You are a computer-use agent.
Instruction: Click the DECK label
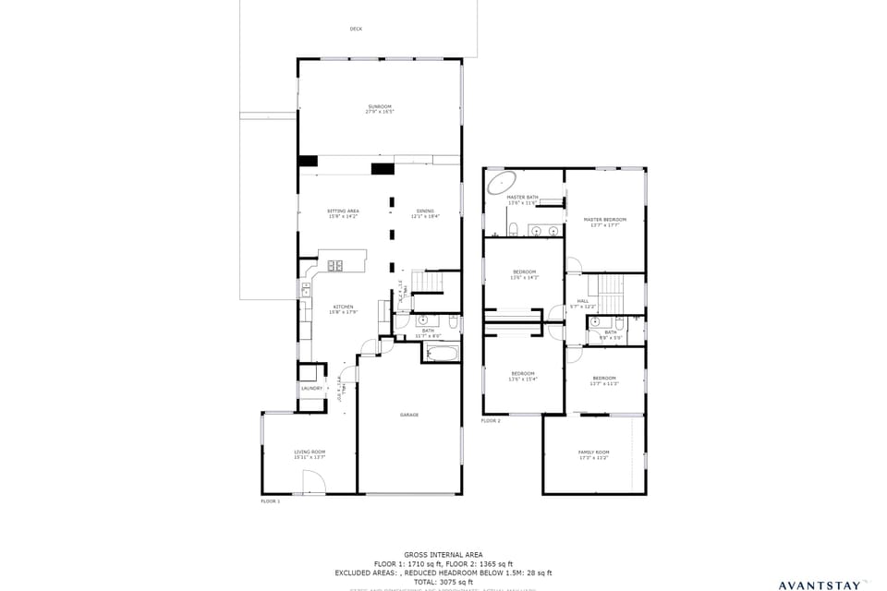[x=356, y=29]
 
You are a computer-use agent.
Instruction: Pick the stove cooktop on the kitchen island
[x=335, y=266]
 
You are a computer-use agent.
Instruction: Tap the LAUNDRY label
[x=311, y=388]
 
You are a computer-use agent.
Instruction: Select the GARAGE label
[x=409, y=415]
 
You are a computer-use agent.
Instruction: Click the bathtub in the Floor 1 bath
[x=441, y=353]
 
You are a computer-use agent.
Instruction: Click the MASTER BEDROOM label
[x=605, y=221]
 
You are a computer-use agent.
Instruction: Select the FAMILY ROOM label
[x=594, y=454]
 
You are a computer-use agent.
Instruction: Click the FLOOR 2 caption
[x=491, y=421]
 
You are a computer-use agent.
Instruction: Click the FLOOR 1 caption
[x=270, y=501]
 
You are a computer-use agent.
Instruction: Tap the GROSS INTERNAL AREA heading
[x=443, y=555]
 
